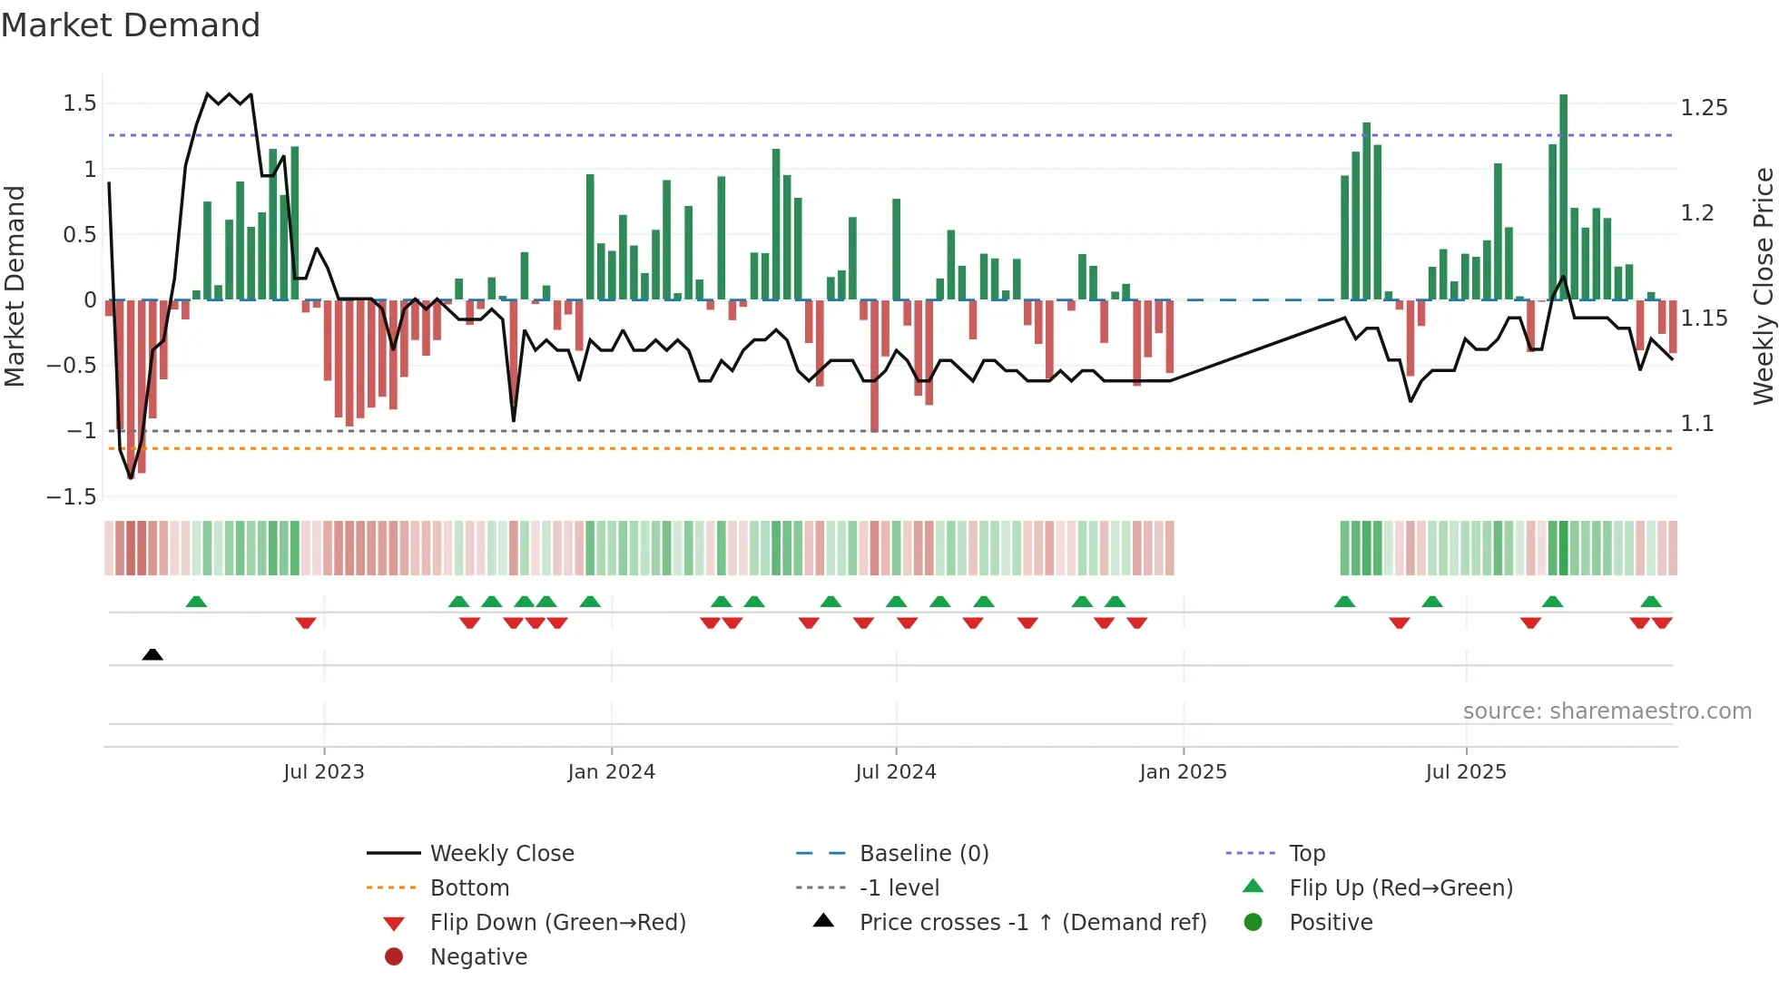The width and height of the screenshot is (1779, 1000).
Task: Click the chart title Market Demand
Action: click(x=131, y=25)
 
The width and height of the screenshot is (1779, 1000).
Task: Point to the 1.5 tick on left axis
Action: click(x=80, y=103)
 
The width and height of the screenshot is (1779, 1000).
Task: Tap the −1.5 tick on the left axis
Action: click(x=72, y=496)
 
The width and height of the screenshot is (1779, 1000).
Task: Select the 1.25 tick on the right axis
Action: click(x=1704, y=108)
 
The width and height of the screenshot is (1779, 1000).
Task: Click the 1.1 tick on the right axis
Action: click(x=1696, y=424)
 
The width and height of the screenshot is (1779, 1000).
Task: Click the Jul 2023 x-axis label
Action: click(x=323, y=772)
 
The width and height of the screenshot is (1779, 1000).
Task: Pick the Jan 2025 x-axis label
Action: click(x=1183, y=772)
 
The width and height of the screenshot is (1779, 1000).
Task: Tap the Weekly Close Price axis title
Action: click(x=1763, y=286)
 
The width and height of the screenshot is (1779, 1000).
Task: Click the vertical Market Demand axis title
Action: click(x=15, y=286)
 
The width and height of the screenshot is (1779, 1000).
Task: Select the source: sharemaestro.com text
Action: click(x=1607, y=711)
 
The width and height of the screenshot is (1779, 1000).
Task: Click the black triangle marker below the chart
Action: click(x=152, y=654)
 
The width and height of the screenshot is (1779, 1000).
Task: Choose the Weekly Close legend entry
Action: click(x=501, y=854)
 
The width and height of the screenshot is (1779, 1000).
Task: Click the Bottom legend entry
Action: click(x=469, y=888)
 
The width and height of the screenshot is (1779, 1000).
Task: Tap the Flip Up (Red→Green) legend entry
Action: click(x=1401, y=888)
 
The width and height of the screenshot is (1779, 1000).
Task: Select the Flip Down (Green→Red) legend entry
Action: click(x=557, y=923)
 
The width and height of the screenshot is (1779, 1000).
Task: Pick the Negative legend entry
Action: click(x=478, y=957)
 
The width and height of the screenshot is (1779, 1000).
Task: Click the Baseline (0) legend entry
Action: click(x=923, y=854)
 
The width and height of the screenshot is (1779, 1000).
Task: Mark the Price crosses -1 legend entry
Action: click(x=1032, y=923)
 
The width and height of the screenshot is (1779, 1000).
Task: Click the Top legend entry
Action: click(x=1306, y=854)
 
